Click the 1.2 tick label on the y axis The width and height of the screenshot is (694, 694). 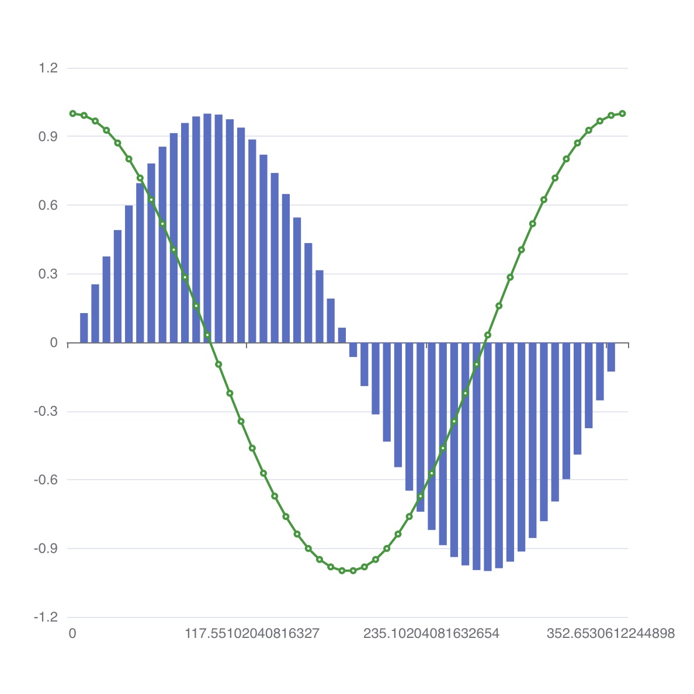[x=48, y=68]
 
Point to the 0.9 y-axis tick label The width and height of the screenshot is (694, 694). [x=48, y=137]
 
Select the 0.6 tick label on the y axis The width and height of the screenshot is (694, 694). [x=48, y=205]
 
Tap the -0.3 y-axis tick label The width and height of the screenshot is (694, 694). [x=46, y=411]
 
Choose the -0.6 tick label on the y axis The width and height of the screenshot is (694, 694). [x=46, y=480]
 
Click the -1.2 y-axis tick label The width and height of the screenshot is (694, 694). [x=46, y=617]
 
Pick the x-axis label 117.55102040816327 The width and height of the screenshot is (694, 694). [x=252, y=633]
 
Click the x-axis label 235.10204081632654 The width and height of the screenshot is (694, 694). [x=431, y=633]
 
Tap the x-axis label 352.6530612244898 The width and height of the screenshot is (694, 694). [x=610, y=633]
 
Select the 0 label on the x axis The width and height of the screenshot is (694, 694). [x=72, y=633]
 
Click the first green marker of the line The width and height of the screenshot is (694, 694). [x=72, y=113]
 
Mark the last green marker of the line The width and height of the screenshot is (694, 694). [x=623, y=113]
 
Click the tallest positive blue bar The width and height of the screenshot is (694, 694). [x=207, y=228]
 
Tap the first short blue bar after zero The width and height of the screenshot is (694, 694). [x=84, y=328]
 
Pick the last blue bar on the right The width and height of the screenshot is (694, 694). [x=611, y=357]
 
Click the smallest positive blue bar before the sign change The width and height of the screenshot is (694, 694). [x=342, y=335]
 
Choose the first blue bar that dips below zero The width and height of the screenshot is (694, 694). [x=353, y=350]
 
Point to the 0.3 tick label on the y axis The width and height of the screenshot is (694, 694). [x=48, y=274]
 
